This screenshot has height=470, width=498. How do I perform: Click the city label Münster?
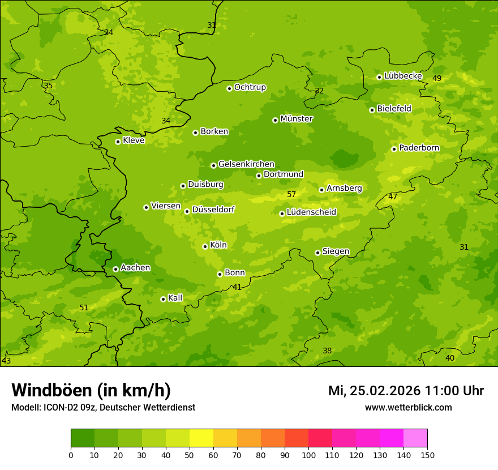(x=297, y=119)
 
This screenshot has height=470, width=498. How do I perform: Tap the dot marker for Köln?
(x=205, y=246)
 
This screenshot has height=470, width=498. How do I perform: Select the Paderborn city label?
(x=419, y=148)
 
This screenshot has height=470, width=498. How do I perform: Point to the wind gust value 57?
(x=291, y=194)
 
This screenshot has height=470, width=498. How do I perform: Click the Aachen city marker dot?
(x=115, y=269)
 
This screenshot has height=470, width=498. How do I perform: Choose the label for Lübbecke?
(x=403, y=76)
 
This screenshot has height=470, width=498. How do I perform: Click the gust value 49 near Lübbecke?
(x=437, y=78)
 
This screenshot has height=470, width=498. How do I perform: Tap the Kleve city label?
(x=134, y=140)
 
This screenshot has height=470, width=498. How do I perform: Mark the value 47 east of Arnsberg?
(x=393, y=196)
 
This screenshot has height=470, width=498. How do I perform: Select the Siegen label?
(x=336, y=251)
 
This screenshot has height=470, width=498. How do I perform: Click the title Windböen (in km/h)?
(x=91, y=390)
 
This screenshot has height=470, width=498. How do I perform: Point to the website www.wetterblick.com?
(x=408, y=407)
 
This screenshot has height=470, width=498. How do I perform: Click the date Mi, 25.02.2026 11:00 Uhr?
(x=406, y=391)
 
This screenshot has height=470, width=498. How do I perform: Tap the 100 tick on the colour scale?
(x=308, y=455)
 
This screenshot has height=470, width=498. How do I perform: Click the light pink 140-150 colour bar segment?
(x=415, y=438)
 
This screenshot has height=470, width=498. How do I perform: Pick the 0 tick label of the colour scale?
(x=71, y=455)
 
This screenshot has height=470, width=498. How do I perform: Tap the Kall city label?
(x=175, y=298)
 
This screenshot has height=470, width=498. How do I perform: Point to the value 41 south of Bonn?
(x=237, y=287)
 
